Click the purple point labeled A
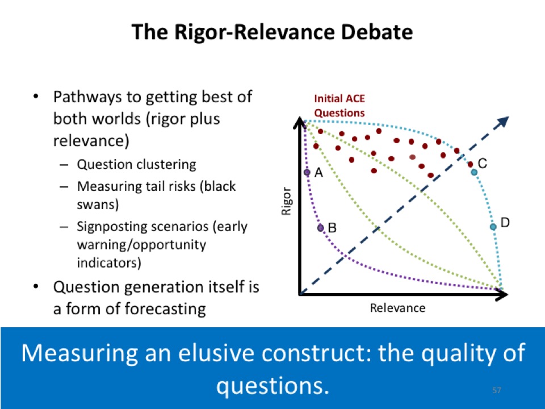pyautogui.click(x=307, y=172)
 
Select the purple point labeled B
pyautogui.click(x=320, y=228)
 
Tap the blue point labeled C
pyautogui.click(x=474, y=172)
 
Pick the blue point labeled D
pyautogui.click(x=493, y=227)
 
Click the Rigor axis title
pyautogui.click(x=286, y=201)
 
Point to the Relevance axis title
pyautogui.click(x=397, y=308)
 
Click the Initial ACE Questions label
pyautogui.click(x=339, y=106)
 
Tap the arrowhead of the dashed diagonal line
pyautogui.click(x=504, y=121)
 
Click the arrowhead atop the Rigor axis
pyautogui.click(x=300, y=123)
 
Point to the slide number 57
pyautogui.click(x=497, y=390)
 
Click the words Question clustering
pyautogui.click(x=137, y=164)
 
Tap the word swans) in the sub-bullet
pyautogui.click(x=98, y=204)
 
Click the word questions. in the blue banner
pyautogui.click(x=272, y=386)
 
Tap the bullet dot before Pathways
pyautogui.click(x=35, y=97)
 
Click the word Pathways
pyautogui.click(x=87, y=97)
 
